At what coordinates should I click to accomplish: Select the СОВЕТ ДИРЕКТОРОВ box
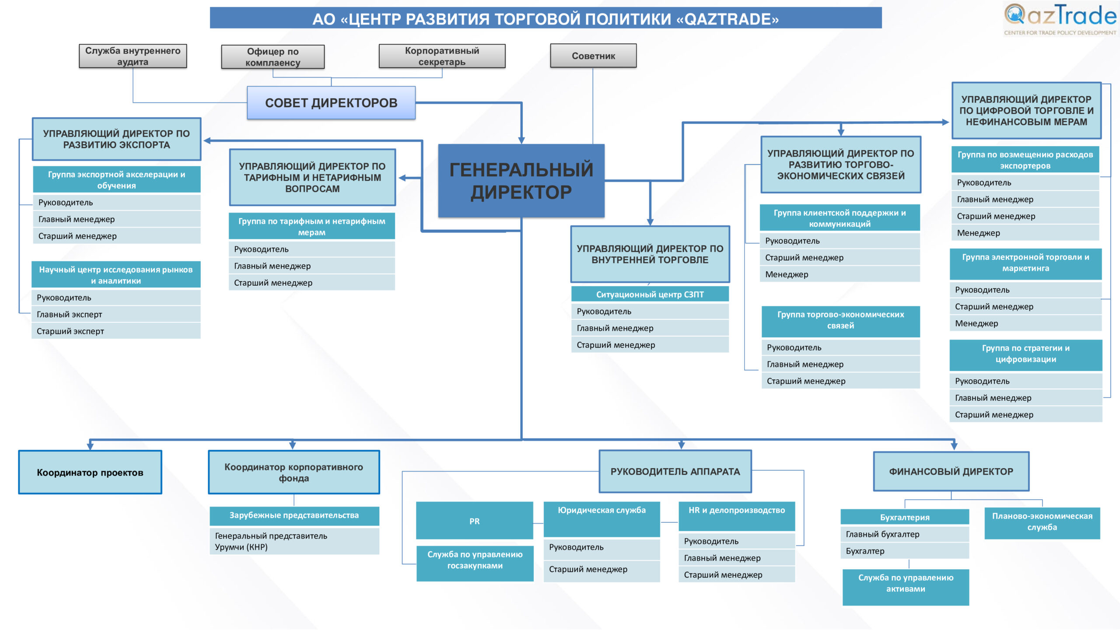pos(331,103)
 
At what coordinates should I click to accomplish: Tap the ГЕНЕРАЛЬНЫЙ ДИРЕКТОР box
pos(521,181)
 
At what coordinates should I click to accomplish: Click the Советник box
pos(593,56)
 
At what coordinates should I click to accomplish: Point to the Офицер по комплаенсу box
pos(273,57)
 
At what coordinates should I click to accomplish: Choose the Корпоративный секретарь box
pos(442,56)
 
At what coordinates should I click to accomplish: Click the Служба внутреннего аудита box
pos(133,56)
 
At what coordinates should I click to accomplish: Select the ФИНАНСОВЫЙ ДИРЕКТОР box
pos(951,472)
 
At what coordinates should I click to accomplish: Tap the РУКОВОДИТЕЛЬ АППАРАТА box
pos(675,472)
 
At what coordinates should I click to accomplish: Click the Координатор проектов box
pos(90,472)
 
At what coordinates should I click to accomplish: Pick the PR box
pos(475,521)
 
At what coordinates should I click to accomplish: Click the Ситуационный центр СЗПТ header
pos(650,294)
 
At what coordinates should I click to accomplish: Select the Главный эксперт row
pos(116,315)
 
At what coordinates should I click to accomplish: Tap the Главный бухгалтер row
pos(905,534)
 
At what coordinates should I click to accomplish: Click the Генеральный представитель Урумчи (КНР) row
pos(294,542)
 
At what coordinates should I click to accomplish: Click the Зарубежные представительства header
pos(294,516)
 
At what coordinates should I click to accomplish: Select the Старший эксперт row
pos(116,331)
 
